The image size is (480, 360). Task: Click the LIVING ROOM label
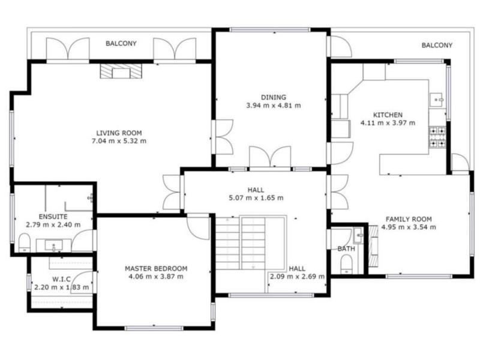pos(119,133)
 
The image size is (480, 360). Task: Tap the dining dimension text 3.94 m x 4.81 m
pos(274,106)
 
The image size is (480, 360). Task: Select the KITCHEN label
pos(388,115)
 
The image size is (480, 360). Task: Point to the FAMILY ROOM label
pos(409,219)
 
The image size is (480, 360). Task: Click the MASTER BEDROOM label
pos(156,269)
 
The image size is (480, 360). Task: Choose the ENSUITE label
pos(53,217)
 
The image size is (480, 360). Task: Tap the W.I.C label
pos(62,279)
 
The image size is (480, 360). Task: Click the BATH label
pos(346,248)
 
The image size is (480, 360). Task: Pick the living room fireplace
pos(121,71)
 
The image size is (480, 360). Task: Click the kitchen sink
pos(437,100)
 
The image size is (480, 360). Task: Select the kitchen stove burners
pos(437,137)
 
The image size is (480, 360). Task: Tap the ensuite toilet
pos(24,243)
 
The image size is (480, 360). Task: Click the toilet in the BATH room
pos(347,265)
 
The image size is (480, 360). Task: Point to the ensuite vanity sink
pos(54,245)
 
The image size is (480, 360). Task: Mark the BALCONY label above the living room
pos(121,43)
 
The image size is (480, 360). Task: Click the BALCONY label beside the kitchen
pos(437,46)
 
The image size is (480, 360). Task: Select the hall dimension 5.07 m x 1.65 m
pos(256,198)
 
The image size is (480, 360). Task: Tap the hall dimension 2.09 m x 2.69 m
pos(297,277)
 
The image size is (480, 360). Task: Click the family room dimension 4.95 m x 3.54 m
pos(409,227)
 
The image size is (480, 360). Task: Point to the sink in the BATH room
pos(358,235)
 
